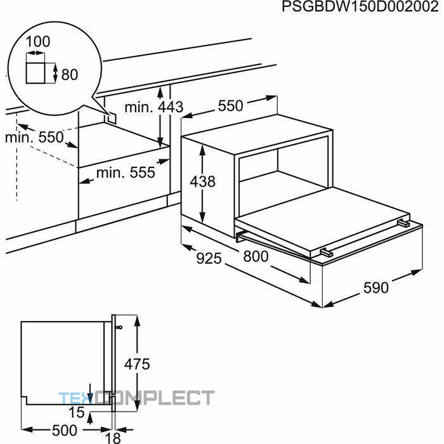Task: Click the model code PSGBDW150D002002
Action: (360, 6)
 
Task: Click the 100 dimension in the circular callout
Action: (37, 41)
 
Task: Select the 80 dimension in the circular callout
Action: (69, 74)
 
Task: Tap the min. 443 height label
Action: (153, 107)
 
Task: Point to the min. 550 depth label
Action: (34, 138)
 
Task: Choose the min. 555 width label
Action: (126, 172)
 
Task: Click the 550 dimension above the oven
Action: (230, 106)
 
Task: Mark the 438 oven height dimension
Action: (203, 181)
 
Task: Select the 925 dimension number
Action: (209, 258)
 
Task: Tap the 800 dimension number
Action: (256, 256)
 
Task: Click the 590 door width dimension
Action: (376, 288)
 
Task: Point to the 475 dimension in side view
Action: (137, 364)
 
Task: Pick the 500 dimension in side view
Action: (65, 431)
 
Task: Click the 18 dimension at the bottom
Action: (113, 438)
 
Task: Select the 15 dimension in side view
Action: (77, 412)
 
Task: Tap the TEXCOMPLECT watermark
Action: (136, 397)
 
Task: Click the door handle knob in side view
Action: (119, 328)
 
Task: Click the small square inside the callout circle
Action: (36, 73)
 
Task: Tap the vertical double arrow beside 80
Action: (55, 73)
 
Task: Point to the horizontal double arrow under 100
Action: (36, 53)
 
